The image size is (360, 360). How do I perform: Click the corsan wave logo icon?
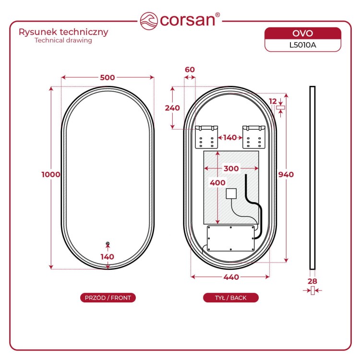(x=149, y=21)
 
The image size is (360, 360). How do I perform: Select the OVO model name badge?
(x=302, y=34)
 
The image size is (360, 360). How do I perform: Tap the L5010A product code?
(x=302, y=45)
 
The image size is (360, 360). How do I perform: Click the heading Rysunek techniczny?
(x=63, y=32)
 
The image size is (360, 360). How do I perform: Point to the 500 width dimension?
(x=108, y=77)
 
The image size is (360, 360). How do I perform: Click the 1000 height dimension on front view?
(x=51, y=175)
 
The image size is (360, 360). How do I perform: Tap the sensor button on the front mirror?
(x=108, y=243)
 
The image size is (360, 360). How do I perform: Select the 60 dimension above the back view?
(x=190, y=70)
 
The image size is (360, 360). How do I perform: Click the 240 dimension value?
(x=172, y=108)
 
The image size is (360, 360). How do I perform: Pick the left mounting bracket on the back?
(x=206, y=137)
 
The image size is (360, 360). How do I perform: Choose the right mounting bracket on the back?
(x=254, y=137)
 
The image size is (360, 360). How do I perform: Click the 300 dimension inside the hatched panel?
(x=231, y=168)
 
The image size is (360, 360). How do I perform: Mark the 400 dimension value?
(x=217, y=183)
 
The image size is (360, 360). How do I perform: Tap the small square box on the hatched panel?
(x=231, y=193)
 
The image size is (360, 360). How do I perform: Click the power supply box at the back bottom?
(x=231, y=238)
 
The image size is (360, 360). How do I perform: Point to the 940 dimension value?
(x=286, y=175)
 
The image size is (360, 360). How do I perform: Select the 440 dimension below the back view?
(x=231, y=277)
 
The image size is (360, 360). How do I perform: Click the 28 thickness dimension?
(x=312, y=281)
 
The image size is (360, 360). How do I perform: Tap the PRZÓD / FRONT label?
(x=108, y=298)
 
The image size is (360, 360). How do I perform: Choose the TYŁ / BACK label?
(x=231, y=298)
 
